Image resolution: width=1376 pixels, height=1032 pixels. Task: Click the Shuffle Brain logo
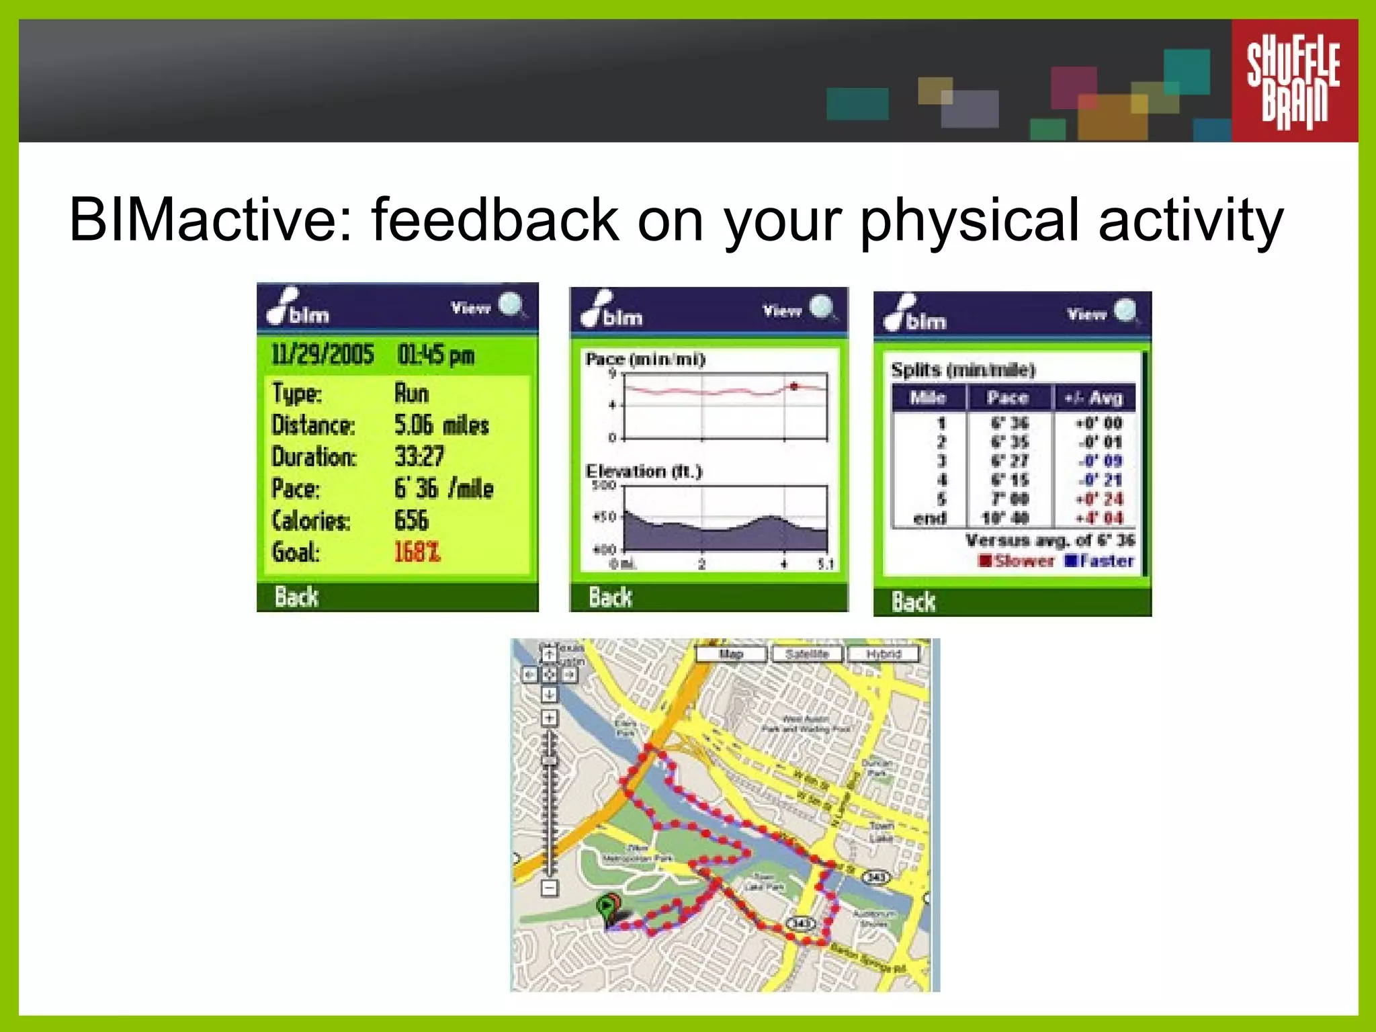point(1293,81)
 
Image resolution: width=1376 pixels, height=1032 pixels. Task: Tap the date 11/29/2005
point(322,354)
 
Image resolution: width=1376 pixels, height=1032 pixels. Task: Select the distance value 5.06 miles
point(441,425)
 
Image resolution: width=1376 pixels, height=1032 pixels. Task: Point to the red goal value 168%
point(417,552)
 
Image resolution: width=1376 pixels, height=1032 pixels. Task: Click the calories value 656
point(411,521)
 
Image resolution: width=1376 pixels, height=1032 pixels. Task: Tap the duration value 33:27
point(419,457)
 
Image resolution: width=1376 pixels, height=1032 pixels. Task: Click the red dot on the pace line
point(794,386)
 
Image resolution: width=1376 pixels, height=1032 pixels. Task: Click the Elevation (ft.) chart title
point(644,471)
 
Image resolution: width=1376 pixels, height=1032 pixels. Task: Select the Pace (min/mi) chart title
point(645,359)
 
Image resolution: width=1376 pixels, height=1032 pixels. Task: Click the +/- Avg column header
point(1094,398)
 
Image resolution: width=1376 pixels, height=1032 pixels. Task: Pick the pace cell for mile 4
point(1009,480)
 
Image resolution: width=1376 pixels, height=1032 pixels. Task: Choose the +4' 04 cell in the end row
point(1099,518)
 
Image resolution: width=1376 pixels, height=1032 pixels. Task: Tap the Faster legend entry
point(1100,560)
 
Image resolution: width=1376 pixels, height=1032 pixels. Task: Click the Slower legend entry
point(1017,560)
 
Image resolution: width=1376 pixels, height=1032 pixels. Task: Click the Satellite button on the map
point(807,654)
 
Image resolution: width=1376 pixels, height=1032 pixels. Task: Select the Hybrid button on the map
point(883,654)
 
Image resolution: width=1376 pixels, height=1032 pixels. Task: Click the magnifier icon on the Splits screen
point(1125,311)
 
